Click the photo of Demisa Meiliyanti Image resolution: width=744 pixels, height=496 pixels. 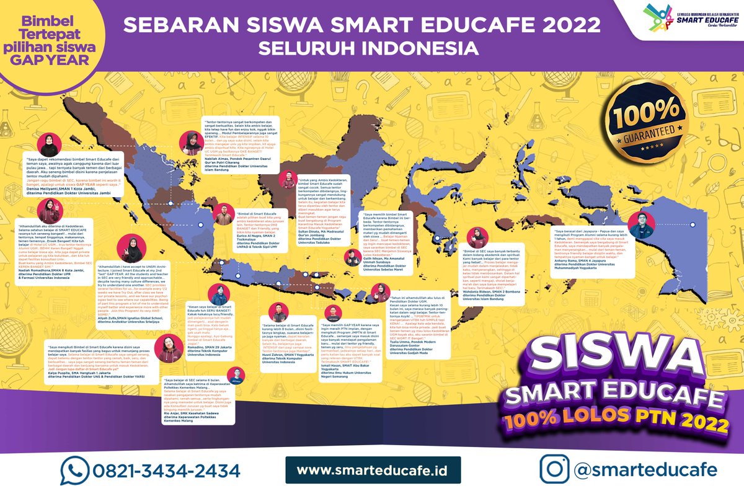tap(48, 146)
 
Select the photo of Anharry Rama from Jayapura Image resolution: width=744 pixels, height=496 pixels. tap(641, 225)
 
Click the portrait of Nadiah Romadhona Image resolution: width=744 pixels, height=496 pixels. tap(48, 211)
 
